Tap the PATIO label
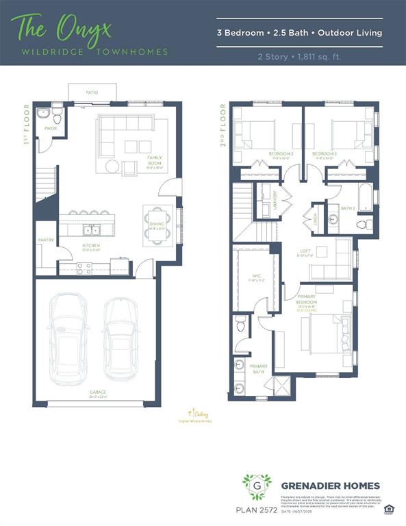tap(92, 91)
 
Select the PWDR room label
tap(50, 128)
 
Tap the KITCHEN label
tap(91, 245)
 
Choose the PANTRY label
tap(46, 240)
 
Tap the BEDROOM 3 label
tap(325, 154)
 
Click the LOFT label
tap(305, 251)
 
